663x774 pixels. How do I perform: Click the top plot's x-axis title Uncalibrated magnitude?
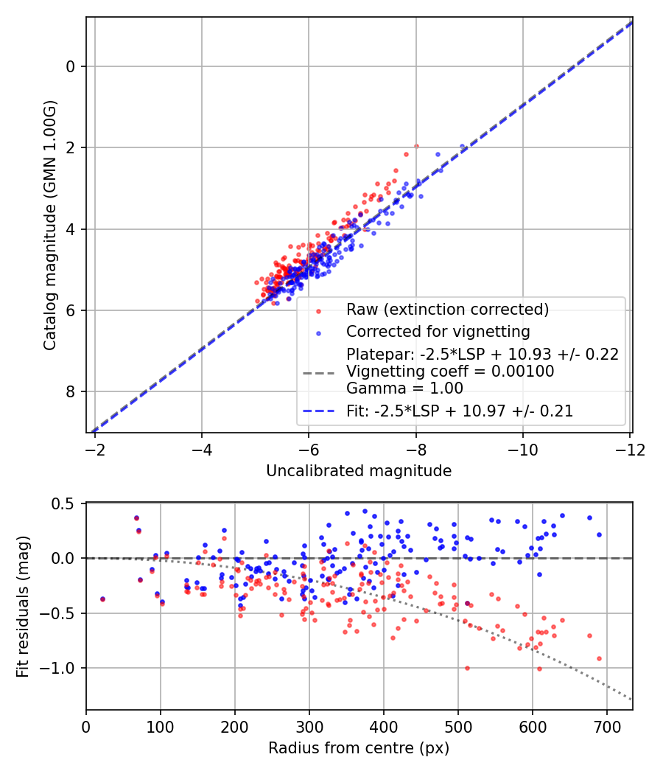tap(359, 470)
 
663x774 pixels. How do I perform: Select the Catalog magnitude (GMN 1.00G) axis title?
tap(49, 225)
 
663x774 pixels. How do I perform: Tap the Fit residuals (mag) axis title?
tap(23, 607)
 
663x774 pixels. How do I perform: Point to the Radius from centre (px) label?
tap(359, 748)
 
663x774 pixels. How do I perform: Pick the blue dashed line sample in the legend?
tap(318, 411)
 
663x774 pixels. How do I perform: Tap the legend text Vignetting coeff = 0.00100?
tap(450, 372)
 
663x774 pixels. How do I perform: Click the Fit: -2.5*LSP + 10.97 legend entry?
tap(460, 411)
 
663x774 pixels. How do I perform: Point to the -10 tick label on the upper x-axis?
tap(522, 449)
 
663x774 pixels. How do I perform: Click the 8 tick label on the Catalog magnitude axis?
tap(71, 391)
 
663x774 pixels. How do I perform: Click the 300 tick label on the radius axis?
tap(309, 727)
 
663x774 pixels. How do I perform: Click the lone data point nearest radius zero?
tap(102, 599)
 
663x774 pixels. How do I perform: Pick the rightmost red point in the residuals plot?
tap(599, 658)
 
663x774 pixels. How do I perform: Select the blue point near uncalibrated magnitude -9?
tap(463, 147)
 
